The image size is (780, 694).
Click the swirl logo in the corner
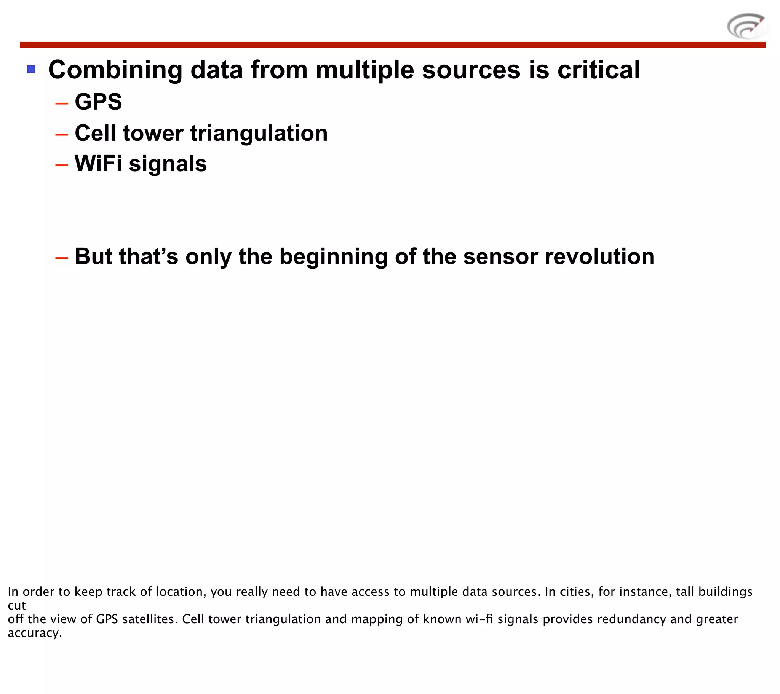tap(746, 26)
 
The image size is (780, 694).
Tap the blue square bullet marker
tap(31, 69)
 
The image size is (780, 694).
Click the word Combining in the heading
tap(116, 70)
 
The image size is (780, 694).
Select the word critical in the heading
tap(598, 70)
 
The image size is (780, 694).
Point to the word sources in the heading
tap(471, 70)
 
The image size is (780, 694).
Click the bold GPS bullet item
tap(99, 102)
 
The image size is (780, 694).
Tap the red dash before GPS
tap(61, 103)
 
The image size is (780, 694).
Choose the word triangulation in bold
tap(259, 134)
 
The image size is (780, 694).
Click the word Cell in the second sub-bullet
tap(95, 133)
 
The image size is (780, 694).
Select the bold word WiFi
tap(98, 164)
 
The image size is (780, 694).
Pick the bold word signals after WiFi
tap(168, 164)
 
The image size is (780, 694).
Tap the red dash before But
tap(61, 258)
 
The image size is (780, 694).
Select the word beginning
tap(333, 257)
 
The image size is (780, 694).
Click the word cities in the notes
tap(576, 591)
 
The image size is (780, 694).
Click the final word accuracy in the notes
tap(34, 633)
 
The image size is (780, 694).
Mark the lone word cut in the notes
tap(16, 605)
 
